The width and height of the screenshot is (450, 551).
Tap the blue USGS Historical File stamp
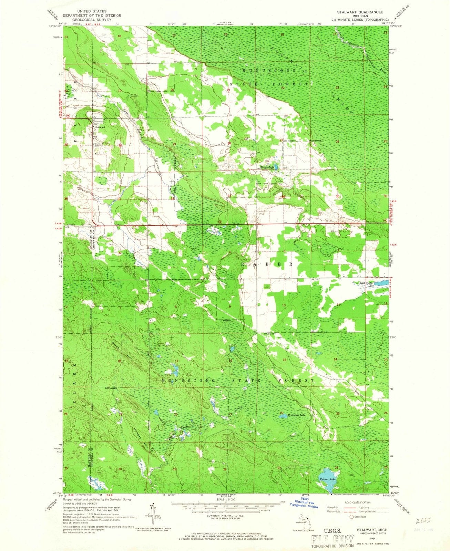(304, 504)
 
